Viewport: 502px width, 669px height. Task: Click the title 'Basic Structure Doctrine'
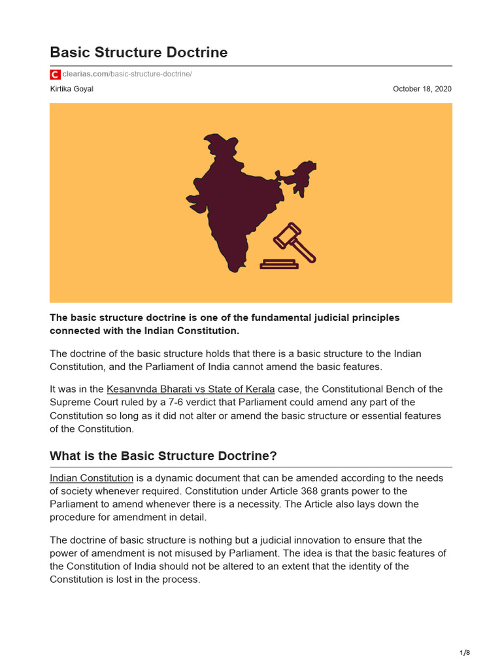point(139,52)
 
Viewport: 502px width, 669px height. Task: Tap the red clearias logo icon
point(55,74)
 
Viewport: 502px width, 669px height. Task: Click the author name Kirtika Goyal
point(71,89)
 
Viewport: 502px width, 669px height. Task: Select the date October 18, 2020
point(422,89)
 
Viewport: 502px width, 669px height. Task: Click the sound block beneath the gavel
point(279,265)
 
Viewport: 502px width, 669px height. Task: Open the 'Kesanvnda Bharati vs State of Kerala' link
point(190,389)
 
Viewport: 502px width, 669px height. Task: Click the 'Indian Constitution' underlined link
point(92,478)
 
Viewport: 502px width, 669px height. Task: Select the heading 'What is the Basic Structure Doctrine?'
point(163,456)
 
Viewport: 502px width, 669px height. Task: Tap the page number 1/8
point(465,653)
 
